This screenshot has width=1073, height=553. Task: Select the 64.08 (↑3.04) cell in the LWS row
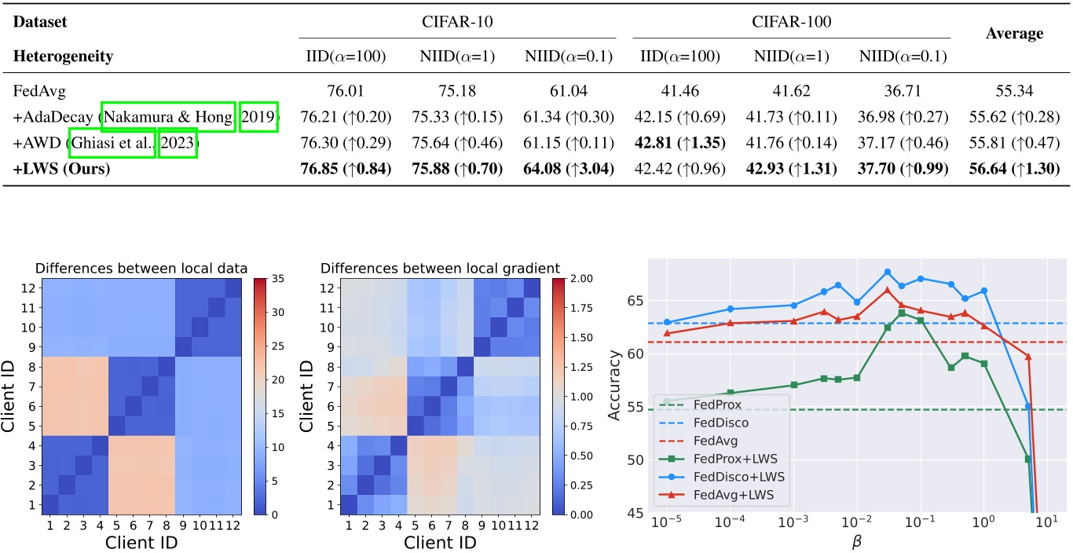(568, 169)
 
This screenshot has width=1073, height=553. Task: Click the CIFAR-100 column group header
(791, 23)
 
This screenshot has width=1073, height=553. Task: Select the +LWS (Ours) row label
(61, 169)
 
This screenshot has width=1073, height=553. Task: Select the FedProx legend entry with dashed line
(715, 406)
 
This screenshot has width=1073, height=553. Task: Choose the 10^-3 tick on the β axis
(794, 522)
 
